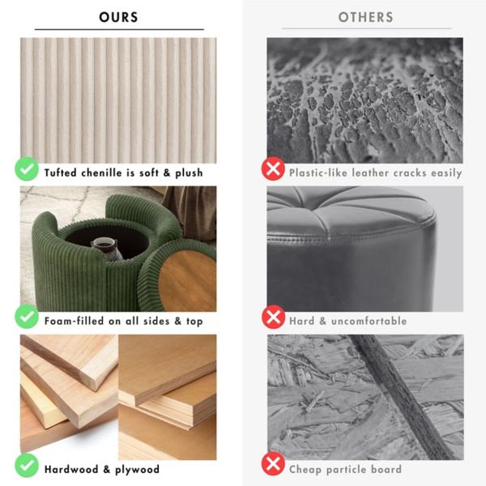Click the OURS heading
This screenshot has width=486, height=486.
click(x=118, y=17)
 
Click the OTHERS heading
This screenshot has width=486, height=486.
click(x=366, y=17)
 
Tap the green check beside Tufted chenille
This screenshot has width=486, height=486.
click(x=27, y=168)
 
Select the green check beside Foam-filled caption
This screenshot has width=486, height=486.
click(x=27, y=316)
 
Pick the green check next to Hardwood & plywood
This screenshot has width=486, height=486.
click(x=27, y=466)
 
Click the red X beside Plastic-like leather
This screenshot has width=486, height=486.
click(x=273, y=168)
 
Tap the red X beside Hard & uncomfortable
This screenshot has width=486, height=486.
click(x=273, y=317)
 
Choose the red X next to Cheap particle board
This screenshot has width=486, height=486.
click(x=273, y=463)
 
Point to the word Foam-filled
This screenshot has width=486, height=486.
click(x=74, y=321)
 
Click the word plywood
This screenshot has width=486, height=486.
click(x=138, y=470)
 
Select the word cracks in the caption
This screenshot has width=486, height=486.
click(x=410, y=173)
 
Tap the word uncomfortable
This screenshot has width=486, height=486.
click(x=369, y=321)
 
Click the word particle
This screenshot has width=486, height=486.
click(x=347, y=470)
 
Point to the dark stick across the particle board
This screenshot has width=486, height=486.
click(x=402, y=397)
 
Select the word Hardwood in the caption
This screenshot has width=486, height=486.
click(x=71, y=469)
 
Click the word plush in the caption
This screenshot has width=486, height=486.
click(x=189, y=173)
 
